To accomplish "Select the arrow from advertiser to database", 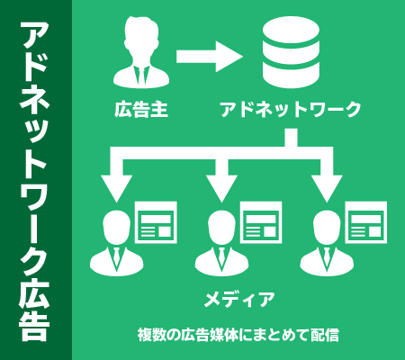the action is [210, 57].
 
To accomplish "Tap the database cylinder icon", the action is [291, 52].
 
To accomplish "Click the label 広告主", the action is [141, 109].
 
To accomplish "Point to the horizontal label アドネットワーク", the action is [291, 109].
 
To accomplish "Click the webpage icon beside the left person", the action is [156, 222].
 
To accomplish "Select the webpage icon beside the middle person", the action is [261, 222].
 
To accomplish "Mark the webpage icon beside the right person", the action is [366, 222].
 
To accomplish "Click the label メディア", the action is [239, 300].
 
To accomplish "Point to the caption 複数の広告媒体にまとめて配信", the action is [238, 335].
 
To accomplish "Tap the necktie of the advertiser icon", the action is [141, 76].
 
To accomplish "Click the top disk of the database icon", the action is [291, 30].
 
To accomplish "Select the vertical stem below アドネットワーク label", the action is [291, 138].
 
